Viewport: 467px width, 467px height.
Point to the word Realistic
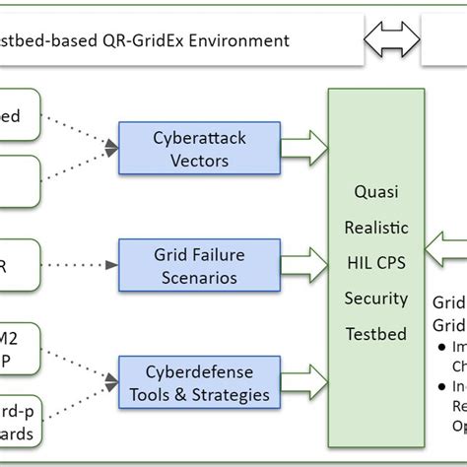[375, 228]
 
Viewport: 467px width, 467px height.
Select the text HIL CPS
[375, 263]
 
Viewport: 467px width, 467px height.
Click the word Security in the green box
[375, 298]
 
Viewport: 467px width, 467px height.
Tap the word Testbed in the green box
[375, 333]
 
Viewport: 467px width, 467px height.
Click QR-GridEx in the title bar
[148, 40]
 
